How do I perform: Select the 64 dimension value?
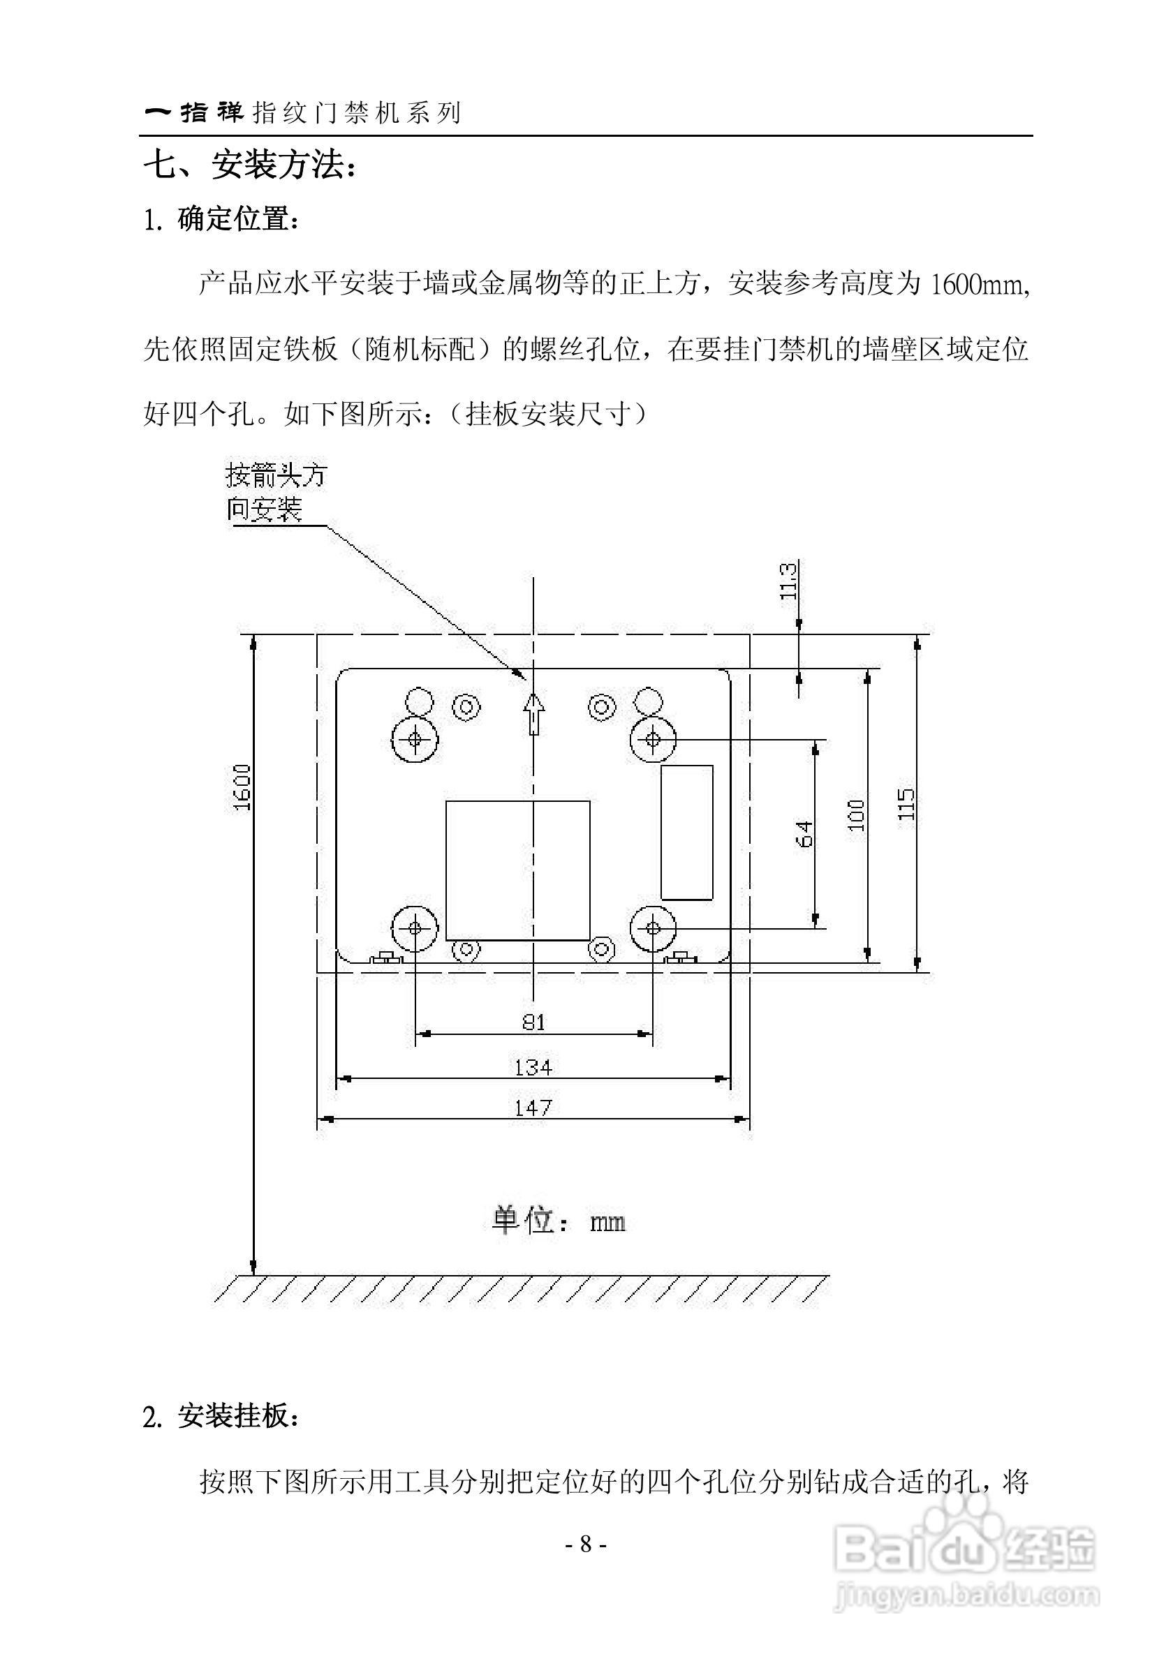point(804,833)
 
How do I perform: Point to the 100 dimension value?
point(856,814)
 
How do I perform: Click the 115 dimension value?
point(906,804)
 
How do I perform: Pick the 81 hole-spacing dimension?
point(534,1022)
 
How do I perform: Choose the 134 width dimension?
point(533,1067)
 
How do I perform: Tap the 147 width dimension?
point(533,1108)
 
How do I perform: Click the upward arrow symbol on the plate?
point(533,713)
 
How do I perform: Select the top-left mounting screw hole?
point(415,739)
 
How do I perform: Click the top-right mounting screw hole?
point(653,739)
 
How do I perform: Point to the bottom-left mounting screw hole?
point(415,928)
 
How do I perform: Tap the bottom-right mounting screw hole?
point(653,928)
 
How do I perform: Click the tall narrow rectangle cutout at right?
point(687,832)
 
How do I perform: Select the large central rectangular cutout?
point(517,870)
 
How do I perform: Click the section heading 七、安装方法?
point(250,166)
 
